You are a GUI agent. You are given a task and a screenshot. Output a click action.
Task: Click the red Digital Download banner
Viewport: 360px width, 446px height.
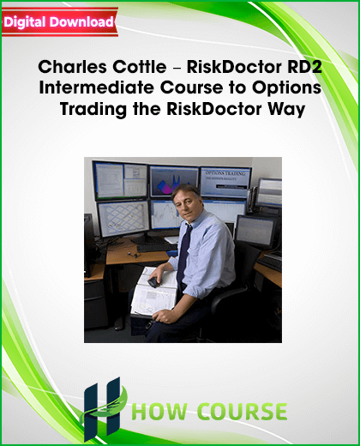click(60, 22)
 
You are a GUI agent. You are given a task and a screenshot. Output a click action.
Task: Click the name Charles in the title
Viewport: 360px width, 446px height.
click(73, 67)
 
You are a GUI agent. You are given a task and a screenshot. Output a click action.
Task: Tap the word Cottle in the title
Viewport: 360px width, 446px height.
click(140, 67)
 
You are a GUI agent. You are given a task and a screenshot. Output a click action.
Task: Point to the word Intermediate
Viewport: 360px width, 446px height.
click(97, 87)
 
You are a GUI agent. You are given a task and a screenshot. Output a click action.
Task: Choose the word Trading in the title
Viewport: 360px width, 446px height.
click(93, 110)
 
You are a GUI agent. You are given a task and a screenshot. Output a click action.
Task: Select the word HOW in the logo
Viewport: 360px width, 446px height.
click(159, 412)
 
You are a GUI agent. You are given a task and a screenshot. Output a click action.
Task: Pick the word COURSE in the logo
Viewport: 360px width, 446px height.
click(243, 412)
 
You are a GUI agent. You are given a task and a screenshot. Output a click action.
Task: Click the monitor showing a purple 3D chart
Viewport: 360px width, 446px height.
click(174, 181)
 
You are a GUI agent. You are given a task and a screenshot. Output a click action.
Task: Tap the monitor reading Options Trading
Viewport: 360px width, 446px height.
click(225, 182)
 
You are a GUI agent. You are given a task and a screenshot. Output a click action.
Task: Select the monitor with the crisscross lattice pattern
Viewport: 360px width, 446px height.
click(123, 219)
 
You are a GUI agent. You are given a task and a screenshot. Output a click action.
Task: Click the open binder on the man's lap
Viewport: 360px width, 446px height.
click(155, 292)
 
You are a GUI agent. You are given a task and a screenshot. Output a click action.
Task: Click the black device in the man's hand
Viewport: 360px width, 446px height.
click(154, 282)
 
